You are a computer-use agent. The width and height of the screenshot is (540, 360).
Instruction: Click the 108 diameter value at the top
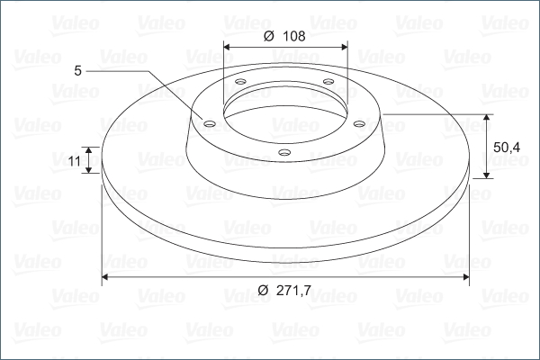click(293, 36)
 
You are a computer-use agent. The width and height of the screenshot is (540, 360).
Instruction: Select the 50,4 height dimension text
click(507, 148)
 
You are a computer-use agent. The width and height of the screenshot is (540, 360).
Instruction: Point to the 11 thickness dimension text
click(75, 161)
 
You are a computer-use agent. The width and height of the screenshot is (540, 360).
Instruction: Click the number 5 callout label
click(77, 71)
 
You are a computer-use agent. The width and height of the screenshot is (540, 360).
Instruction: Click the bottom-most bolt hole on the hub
click(284, 152)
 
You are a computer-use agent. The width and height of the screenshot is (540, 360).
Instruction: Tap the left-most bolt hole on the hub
click(209, 123)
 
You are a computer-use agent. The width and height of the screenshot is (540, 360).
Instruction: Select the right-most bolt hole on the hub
click(359, 123)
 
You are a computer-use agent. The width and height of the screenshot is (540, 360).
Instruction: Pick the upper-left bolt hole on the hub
click(240, 82)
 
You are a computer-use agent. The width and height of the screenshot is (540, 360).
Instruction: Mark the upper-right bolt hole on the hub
click(328, 82)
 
